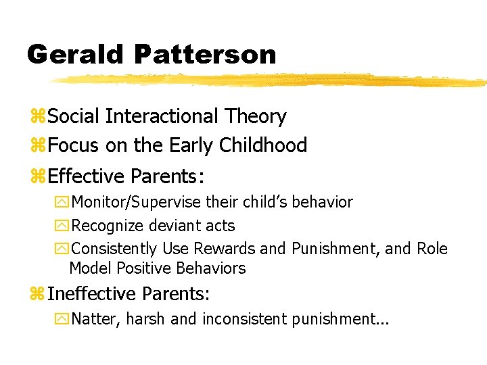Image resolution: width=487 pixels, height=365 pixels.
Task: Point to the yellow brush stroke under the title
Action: (x=271, y=80)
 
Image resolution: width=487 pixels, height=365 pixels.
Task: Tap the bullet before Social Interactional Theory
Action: (x=39, y=117)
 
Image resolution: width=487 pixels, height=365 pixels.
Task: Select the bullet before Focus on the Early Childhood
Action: (x=39, y=146)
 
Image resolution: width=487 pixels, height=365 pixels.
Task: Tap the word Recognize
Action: (x=108, y=226)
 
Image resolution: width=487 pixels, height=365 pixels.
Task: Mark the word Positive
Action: (x=144, y=268)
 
